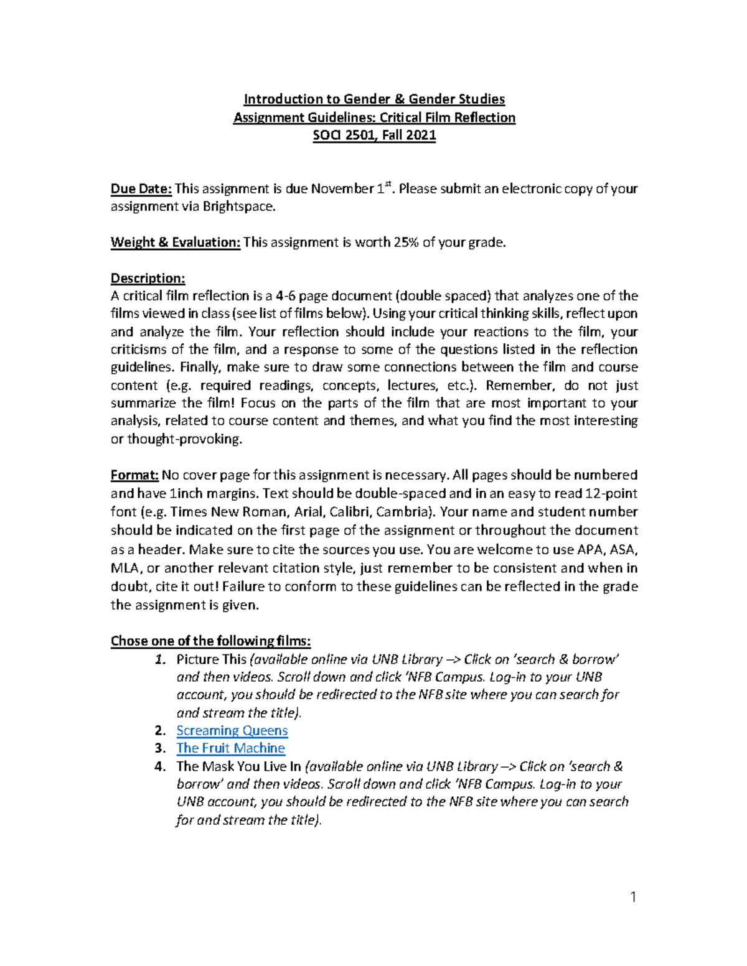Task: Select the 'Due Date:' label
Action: [x=141, y=188]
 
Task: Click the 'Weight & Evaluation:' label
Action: [x=175, y=242]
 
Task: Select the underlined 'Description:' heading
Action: [x=148, y=278]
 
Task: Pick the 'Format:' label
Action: [x=134, y=475]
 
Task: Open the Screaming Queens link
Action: [x=232, y=730]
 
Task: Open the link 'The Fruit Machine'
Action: [x=230, y=748]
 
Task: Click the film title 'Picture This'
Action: [x=211, y=659]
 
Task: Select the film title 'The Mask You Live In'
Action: [x=238, y=766]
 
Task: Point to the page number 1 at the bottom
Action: [x=633, y=896]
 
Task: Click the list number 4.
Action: [x=160, y=766]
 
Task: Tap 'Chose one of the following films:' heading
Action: [x=210, y=641]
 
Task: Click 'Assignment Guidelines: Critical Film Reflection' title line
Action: [x=374, y=117]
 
